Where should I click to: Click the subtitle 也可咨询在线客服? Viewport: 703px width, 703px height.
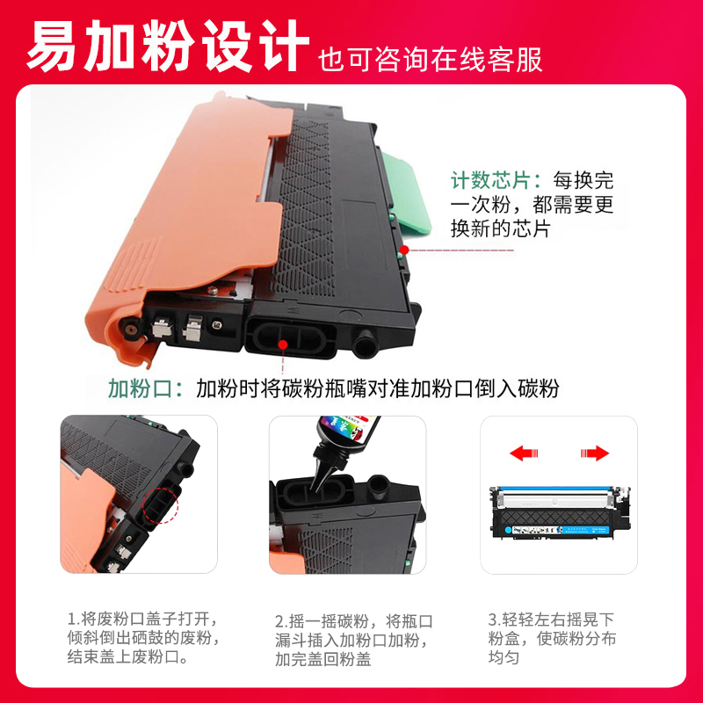430,58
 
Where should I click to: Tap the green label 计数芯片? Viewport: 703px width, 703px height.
496,181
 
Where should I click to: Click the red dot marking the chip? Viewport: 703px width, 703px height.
405,250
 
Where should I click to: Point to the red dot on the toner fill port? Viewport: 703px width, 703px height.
281,344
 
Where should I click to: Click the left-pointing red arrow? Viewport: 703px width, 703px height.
525,453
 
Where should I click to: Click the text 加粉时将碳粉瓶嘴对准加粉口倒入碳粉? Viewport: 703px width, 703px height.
377,388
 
